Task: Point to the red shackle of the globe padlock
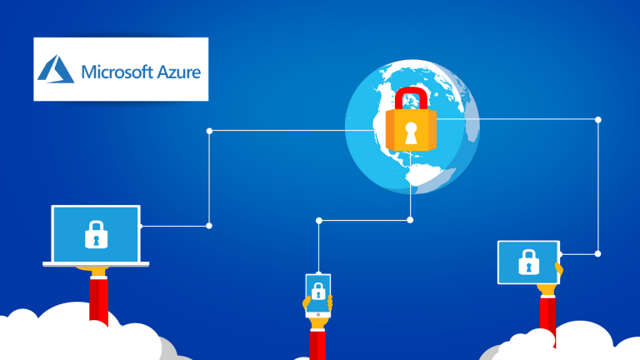(410, 98)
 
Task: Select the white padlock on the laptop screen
(96, 235)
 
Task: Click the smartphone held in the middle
(317, 294)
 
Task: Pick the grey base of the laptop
(96, 264)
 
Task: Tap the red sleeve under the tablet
(547, 317)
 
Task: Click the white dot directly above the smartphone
(318, 220)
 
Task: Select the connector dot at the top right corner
(598, 119)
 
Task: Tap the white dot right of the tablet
(598, 253)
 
